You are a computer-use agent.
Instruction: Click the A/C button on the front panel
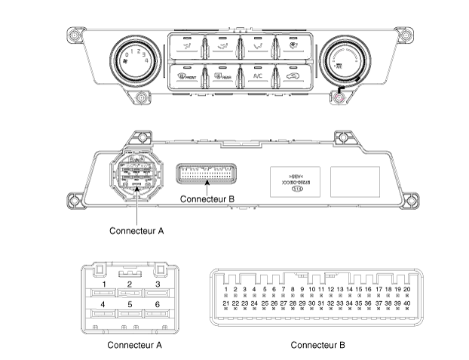pos(257,75)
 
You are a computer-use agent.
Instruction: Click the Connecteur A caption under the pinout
pos(134,346)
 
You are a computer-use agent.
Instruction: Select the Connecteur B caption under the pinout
pos(318,346)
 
